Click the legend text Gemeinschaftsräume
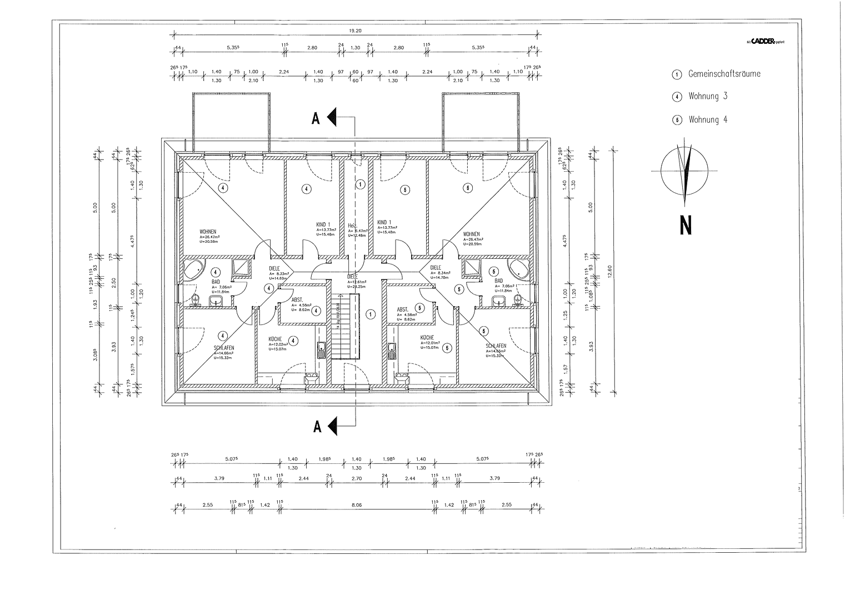(724, 74)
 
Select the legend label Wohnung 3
(708, 96)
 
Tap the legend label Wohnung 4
(708, 119)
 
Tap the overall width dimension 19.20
(356, 32)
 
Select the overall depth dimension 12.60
(610, 271)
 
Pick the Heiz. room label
(352, 226)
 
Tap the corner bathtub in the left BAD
(195, 269)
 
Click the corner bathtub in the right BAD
(520, 269)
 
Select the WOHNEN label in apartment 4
(208, 231)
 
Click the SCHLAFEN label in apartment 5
(496, 346)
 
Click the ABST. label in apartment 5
(402, 309)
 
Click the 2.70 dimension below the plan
(356, 478)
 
